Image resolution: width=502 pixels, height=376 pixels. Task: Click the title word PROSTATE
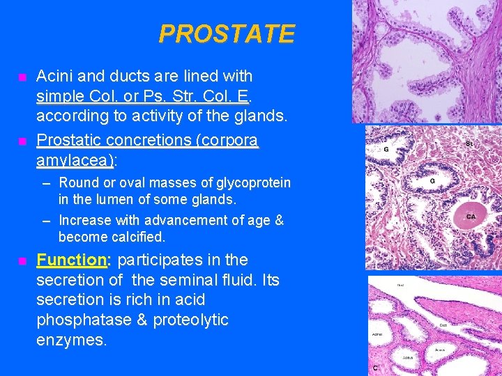click(x=227, y=33)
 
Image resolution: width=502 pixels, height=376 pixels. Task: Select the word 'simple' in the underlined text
click(x=61, y=95)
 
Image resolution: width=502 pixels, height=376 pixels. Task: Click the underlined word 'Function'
click(x=71, y=260)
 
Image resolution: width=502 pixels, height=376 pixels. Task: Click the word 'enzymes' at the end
click(x=72, y=340)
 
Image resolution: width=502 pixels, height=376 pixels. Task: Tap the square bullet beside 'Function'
click(x=22, y=261)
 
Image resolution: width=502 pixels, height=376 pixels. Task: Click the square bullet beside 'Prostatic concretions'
click(x=22, y=141)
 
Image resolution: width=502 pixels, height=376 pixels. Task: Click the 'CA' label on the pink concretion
click(x=471, y=217)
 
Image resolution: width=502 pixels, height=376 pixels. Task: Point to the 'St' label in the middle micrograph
click(x=469, y=143)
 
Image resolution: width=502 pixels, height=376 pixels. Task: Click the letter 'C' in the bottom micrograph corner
click(x=375, y=367)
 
